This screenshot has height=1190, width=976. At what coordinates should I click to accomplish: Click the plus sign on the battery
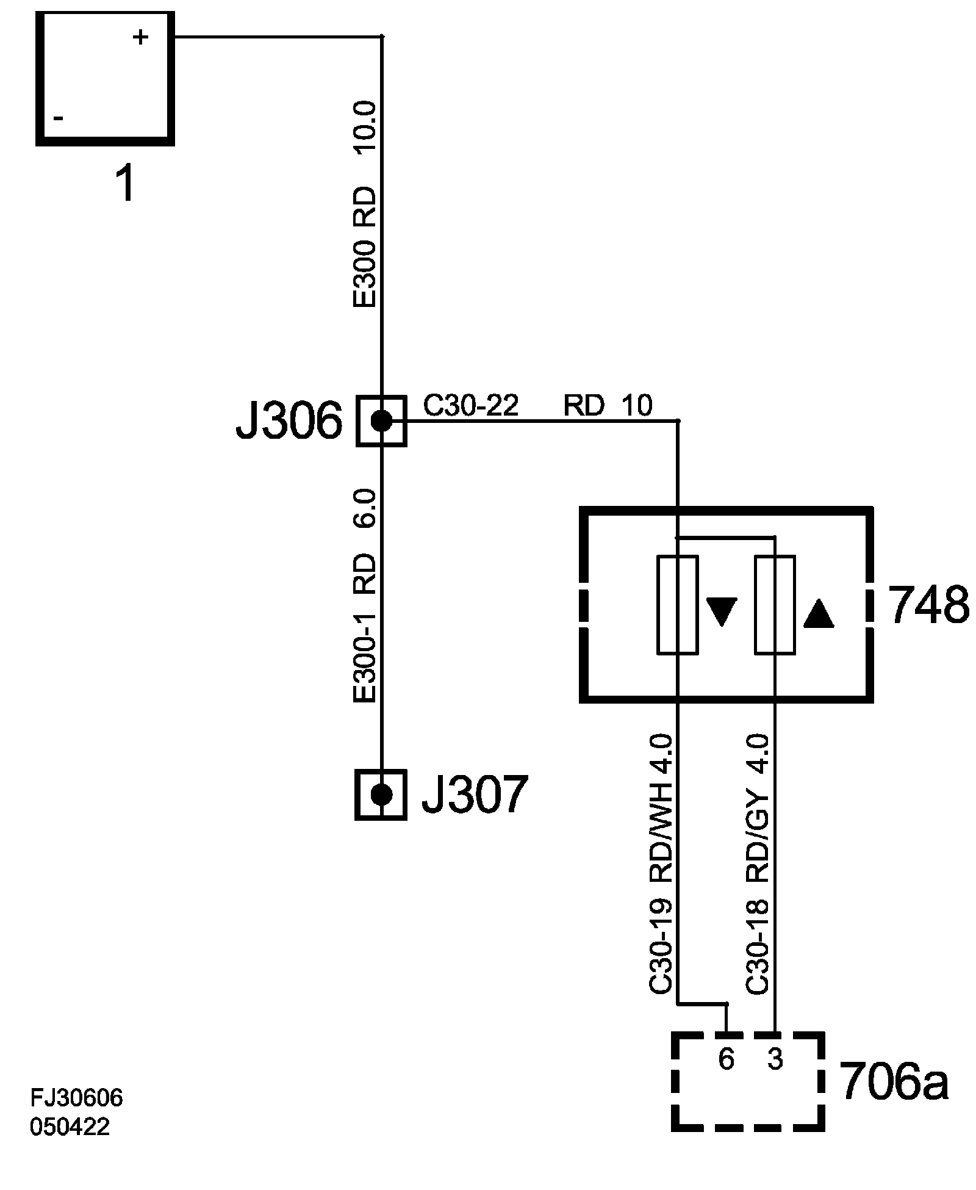point(140,38)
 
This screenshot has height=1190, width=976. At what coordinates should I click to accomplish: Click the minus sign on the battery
point(59,118)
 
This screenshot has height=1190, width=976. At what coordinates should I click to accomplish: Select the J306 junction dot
point(382,420)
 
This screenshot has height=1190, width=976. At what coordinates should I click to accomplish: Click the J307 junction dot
point(381,794)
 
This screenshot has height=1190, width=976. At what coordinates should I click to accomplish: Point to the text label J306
point(289,422)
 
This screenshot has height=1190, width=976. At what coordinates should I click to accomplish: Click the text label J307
point(473,795)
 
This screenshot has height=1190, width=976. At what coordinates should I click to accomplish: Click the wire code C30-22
point(471,405)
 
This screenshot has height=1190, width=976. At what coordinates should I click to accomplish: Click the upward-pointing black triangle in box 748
point(819,613)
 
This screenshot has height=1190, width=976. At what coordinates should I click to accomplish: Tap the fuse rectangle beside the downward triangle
point(677,605)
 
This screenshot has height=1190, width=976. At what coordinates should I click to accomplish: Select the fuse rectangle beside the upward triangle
point(775,605)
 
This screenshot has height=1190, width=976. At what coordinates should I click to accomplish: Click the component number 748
point(928,606)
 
